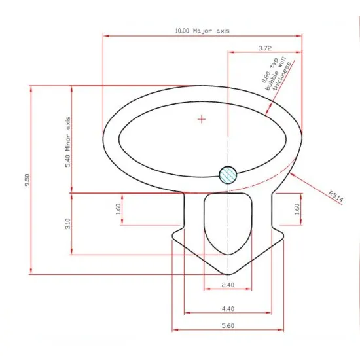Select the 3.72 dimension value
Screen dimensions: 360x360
(x=264, y=48)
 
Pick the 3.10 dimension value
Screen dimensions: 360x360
(x=67, y=225)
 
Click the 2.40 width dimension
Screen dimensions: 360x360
(x=227, y=286)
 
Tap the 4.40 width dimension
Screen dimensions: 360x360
(x=227, y=308)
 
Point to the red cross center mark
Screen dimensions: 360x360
(x=202, y=119)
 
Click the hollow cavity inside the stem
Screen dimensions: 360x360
(x=227, y=223)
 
